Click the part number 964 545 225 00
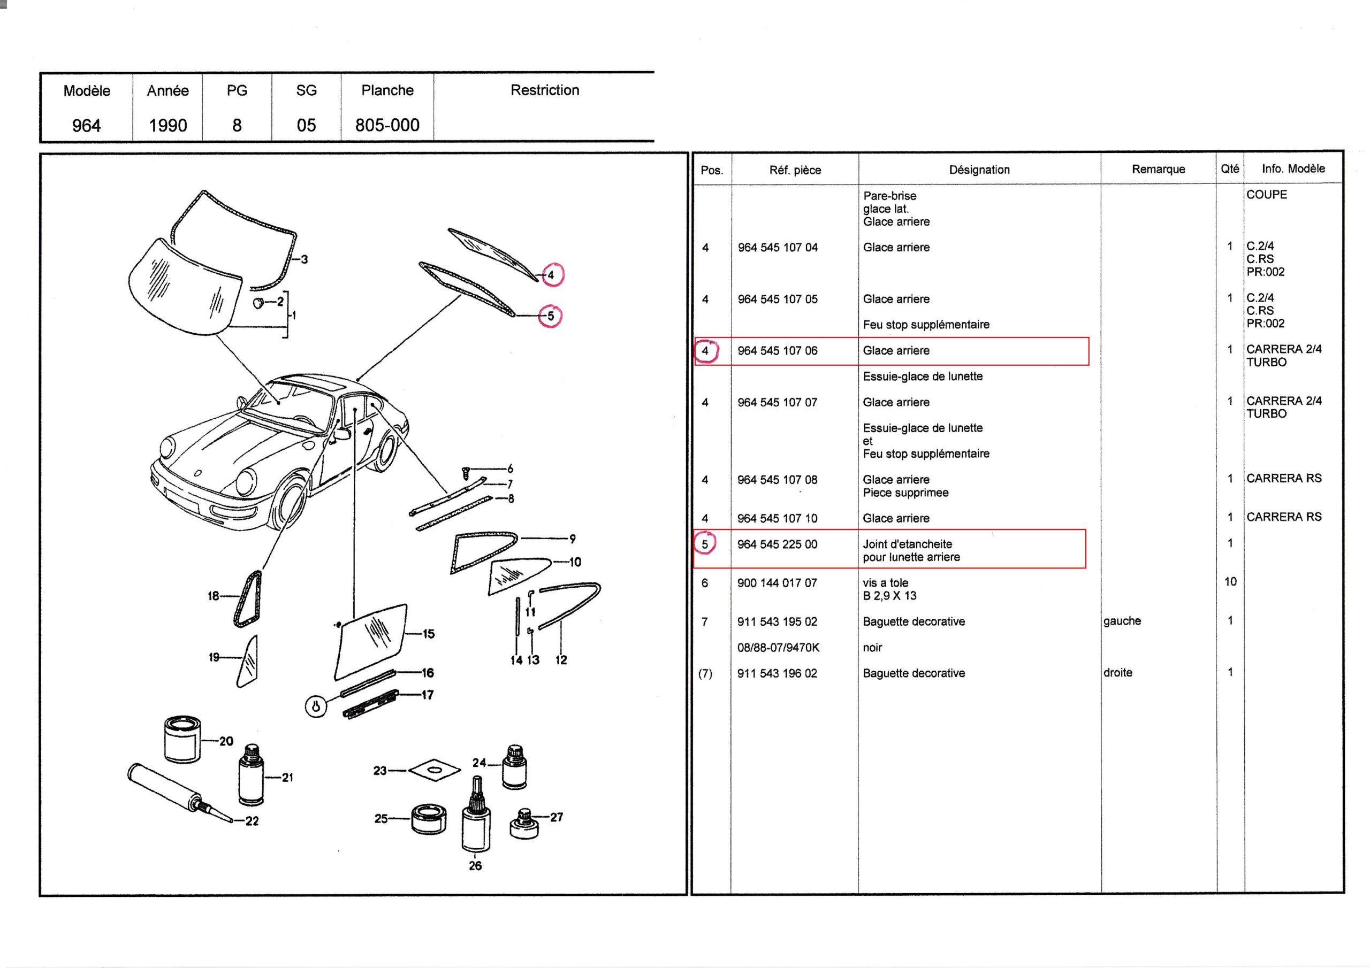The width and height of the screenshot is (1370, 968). tap(777, 544)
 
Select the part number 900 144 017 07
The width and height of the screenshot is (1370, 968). tap(777, 583)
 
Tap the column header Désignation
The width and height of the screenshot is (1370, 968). tap(979, 170)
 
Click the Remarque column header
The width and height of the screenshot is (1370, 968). tap(1158, 170)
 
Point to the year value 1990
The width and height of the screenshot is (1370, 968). tap(168, 125)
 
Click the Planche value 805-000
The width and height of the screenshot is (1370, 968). tap(387, 125)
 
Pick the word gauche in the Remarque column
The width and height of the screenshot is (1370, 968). tap(1122, 621)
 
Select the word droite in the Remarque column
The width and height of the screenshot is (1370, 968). tap(1117, 673)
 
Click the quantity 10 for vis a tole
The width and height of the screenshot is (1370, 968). tap(1230, 581)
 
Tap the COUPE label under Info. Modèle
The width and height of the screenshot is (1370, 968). tap(1266, 195)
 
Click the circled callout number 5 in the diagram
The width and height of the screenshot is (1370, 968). tap(550, 316)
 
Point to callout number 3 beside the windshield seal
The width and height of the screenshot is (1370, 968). tap(305, 259)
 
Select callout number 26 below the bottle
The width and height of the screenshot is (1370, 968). tap(475, 866)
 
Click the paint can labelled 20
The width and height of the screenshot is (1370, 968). tap(182, 739)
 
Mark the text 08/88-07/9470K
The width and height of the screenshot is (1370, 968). tap(778, 648)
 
